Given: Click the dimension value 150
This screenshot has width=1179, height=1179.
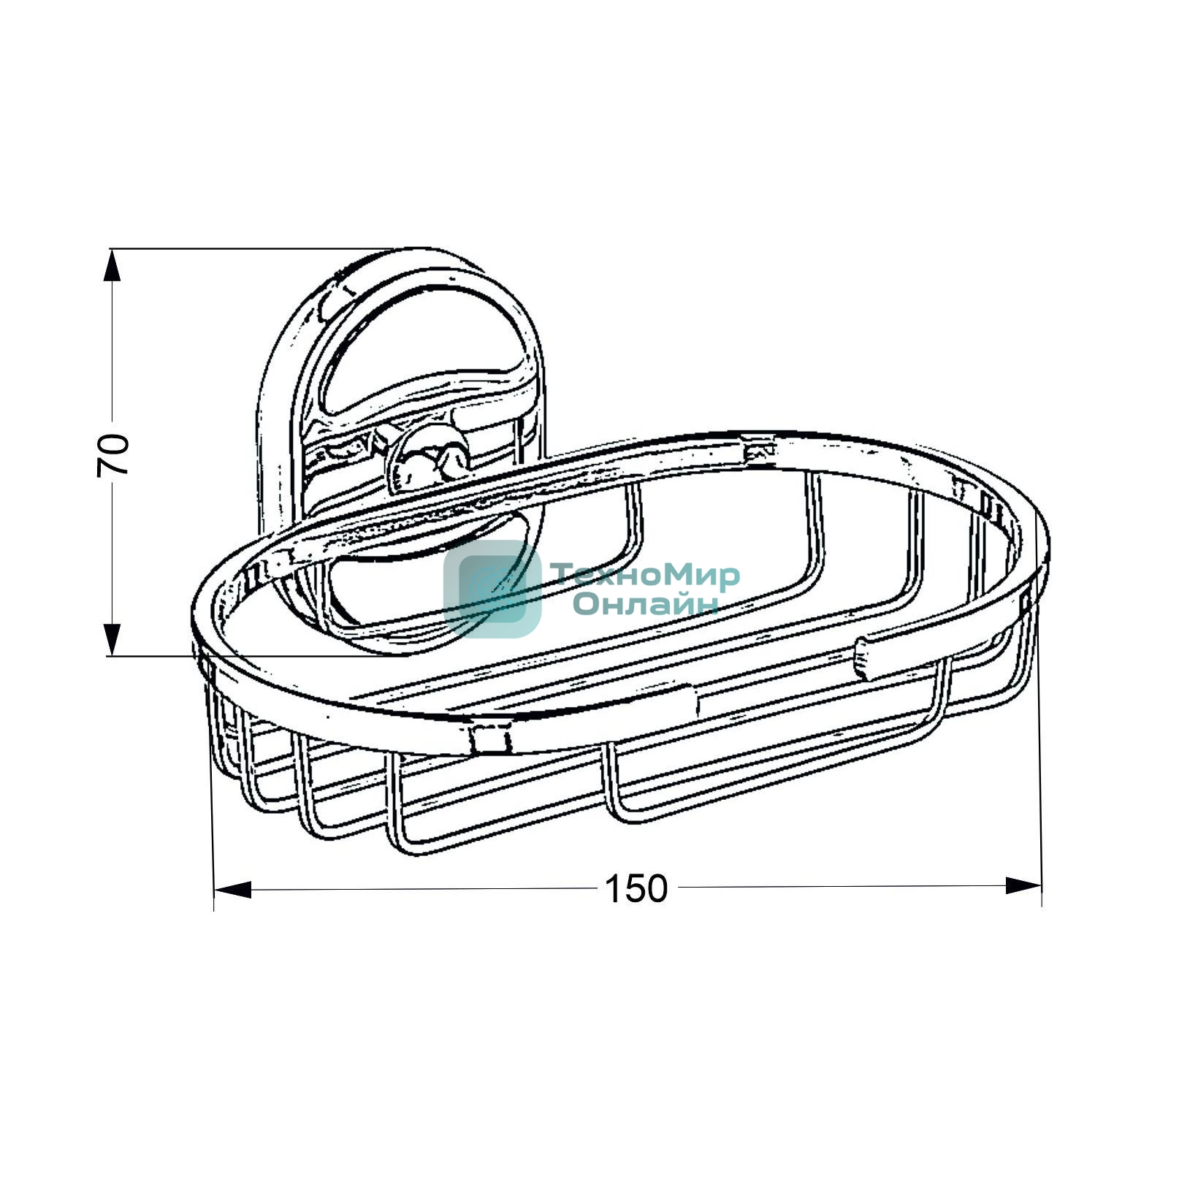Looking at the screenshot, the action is tap(636, 888).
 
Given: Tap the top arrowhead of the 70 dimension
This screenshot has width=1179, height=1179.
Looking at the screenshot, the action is tap(111, 265).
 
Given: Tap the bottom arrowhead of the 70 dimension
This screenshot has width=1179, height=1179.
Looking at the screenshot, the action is tap(111, 639).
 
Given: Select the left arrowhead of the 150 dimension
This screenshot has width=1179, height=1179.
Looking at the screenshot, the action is tap(232, 890).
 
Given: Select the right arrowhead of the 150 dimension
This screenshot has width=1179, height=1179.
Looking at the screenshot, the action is tap(1023, 886).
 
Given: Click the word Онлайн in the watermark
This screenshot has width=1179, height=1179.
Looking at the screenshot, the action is tap(646, 603).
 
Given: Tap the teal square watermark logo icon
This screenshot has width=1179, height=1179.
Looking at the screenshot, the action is tap(492, 589).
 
